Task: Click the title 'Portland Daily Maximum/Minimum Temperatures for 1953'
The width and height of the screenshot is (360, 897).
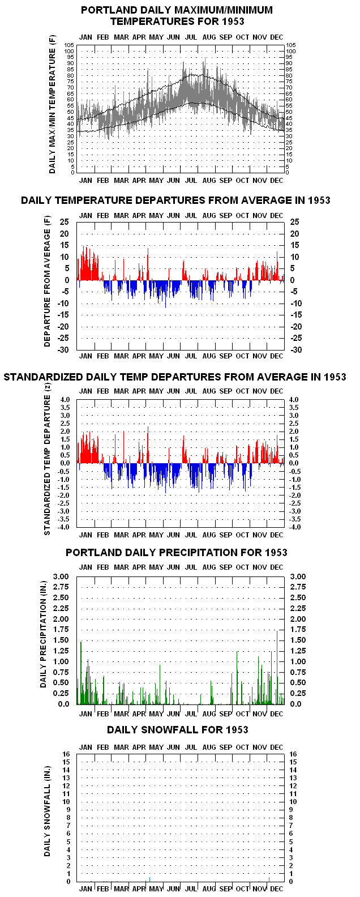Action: [177, 16]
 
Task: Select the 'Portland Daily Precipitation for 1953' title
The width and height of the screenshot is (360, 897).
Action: [177, 553]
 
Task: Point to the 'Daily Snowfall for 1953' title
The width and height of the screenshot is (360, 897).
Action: [177, 729]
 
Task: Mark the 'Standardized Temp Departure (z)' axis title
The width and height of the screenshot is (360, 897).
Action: [47, 459]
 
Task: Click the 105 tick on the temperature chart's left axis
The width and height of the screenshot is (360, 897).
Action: [69, 45]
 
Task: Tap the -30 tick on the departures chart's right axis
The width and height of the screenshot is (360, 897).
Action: [296, 349]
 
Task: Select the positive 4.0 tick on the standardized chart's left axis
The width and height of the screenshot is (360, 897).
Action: [65, 399]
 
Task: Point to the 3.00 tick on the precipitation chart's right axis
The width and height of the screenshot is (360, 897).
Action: [298, 576]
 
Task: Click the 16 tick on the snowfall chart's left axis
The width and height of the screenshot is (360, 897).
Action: [66, 754]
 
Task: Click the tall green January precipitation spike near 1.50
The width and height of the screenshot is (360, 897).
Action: [81, 673]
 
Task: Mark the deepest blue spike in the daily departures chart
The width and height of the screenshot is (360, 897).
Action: [165, 294]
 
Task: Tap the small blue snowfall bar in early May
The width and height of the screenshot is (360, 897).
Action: [150, 879]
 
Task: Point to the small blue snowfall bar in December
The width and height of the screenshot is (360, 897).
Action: [269, 879]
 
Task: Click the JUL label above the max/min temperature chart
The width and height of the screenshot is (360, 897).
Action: [191, 37]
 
